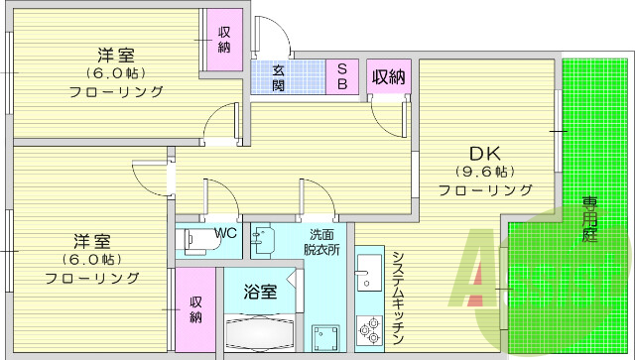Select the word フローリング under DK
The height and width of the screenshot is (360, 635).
point(485,189)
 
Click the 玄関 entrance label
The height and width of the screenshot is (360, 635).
point(280,77)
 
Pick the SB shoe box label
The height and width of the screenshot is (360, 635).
point(340,77)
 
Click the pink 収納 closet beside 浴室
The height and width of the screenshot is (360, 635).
point(195,308)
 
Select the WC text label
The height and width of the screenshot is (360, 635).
point(225,233)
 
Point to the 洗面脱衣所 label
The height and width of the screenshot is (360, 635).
point(321,242)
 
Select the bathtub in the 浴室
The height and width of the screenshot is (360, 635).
point(259,332)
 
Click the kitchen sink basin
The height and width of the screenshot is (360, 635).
point(367,268)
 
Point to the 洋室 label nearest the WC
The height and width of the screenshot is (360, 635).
point(90,241)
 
